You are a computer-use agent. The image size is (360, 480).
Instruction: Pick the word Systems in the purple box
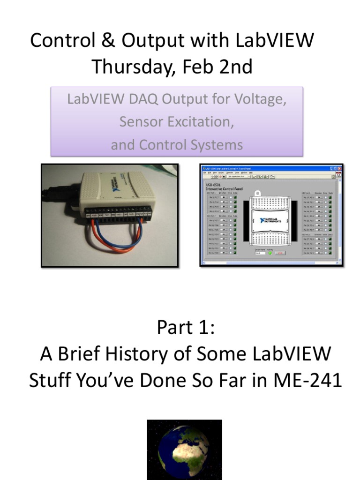pyautogui.click(x=217, y=144)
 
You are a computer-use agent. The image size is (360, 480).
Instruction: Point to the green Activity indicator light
pyautogui.click(x=270, y=253)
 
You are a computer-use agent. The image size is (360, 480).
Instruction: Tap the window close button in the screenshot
pyautogui.click(x=339, y=168)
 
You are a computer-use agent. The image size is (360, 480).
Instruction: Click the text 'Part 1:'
pyautogui.click(x=185, y=328)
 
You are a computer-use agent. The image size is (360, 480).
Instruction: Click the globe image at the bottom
pyautogui.click(x=184, y=450)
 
